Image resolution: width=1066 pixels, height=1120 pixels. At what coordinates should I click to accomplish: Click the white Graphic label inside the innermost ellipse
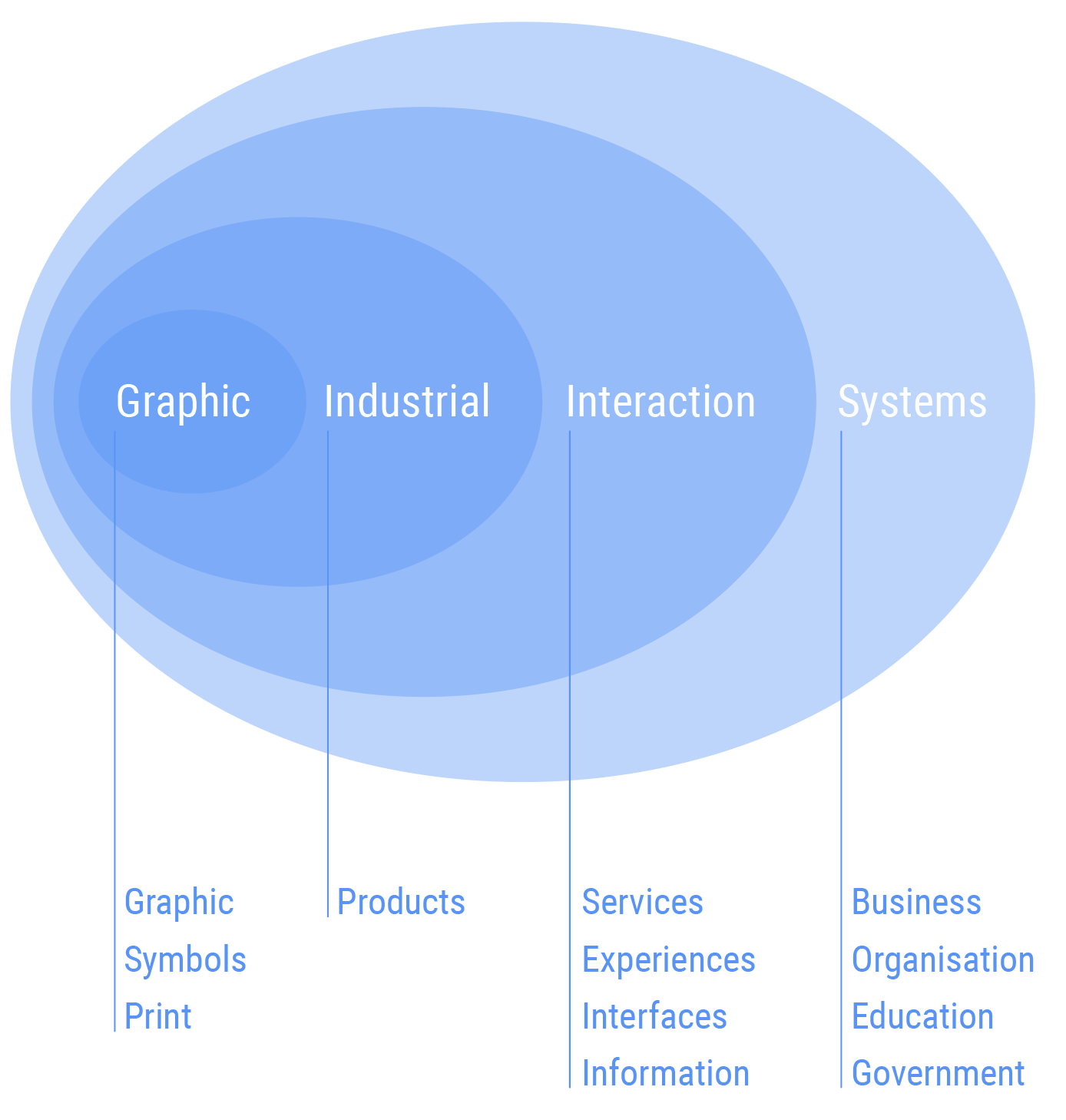click(183, 402)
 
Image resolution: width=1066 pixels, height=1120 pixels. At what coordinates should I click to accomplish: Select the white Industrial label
click(406, 402)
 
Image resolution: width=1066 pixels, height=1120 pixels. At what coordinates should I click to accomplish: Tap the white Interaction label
click(660, 402)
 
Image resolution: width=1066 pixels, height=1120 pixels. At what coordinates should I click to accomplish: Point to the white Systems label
click(912, 402)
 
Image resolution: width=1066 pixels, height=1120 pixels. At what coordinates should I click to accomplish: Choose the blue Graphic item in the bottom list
click(179, 903)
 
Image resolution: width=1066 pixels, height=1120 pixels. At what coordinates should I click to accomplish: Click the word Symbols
click(185, 960)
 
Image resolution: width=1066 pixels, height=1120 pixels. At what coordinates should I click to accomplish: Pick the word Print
click(157, 1017)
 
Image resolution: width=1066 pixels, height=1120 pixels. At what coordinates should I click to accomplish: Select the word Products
click(401, 903)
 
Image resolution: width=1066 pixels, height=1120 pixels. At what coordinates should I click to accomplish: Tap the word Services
click(642, 903)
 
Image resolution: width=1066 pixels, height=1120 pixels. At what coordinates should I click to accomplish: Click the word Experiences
click(668, 960)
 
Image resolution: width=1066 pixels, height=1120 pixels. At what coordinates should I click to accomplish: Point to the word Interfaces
click(654, 1017)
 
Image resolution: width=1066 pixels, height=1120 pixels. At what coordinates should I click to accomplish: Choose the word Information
click(665, 1074)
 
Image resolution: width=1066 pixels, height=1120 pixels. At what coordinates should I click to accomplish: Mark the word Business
click(916, 903)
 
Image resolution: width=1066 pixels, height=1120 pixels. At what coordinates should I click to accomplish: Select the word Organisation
click(943, 960)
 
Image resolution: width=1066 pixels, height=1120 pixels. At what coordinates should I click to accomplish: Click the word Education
click(922, 1017)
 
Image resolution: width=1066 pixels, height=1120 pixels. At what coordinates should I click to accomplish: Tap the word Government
click(938, 1074)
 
